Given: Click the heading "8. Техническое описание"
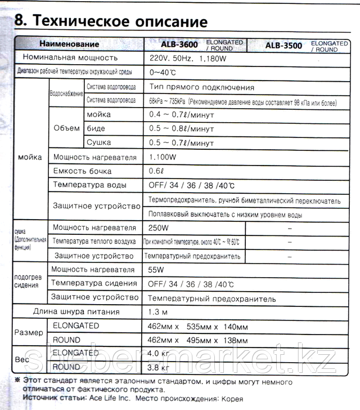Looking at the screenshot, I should (110, 21).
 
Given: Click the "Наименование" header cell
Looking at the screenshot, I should (69, 44).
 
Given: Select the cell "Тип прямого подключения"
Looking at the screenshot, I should (202, 87).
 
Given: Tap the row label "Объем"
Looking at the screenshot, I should (66, 128).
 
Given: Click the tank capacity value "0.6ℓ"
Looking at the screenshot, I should (157, 171).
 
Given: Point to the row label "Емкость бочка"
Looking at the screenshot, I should (82, 171).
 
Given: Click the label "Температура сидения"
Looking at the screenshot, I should (94, 283).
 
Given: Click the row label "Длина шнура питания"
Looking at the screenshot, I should (76, 311).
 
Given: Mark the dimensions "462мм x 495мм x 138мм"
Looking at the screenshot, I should (197, 340).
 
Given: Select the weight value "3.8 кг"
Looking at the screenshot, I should (158, 368).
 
